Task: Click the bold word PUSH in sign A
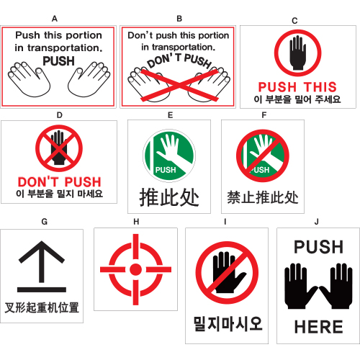pos(59,61)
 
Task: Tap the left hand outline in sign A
pos(29,80)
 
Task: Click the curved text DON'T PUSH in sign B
pos(179,61)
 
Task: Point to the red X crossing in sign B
pos(179,84)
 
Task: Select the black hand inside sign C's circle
pos(298,53)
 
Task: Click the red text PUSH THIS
pos(297,87)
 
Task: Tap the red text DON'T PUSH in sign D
pos(60,182)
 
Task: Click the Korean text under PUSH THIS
pos(297,99)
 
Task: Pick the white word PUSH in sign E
pos(166,170)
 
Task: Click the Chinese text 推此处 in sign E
pos(169,197)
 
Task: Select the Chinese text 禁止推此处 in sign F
pos(263,197)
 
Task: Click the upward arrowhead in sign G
pos(42,252)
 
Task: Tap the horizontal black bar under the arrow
pos(42,289)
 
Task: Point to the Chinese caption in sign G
pos(42,307)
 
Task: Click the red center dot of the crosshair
pos(135,269)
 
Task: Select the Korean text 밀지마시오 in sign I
pos(228,324)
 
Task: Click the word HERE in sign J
pos(319,327)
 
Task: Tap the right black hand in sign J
pos(336,286)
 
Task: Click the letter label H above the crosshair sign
pos(136,222)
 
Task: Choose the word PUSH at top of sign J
pos(319,247)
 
